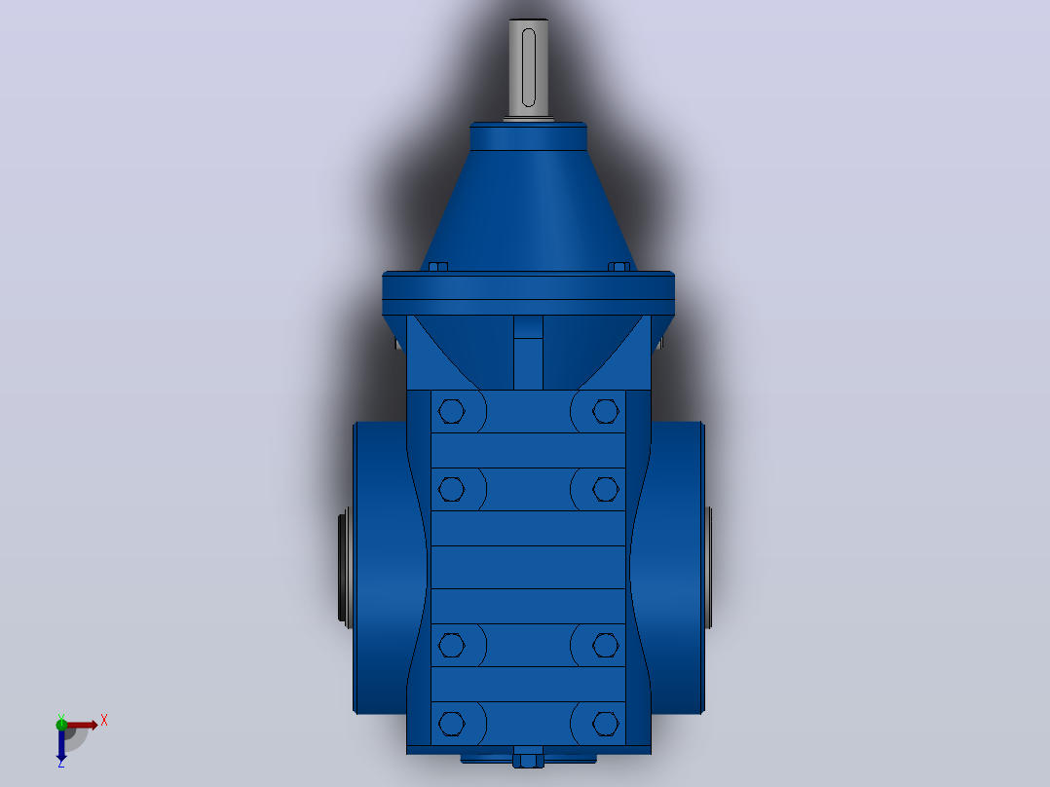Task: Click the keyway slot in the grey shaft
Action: (x=528, y=67)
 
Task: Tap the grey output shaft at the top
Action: (x=528, y=68)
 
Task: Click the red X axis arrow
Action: (x=81, y=725)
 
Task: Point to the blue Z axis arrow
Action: (x=61, y=744)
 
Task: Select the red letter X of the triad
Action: (x=104, y=721)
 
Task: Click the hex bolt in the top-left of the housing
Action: (x=451, y=411)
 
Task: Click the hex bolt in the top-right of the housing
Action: (x=606, y=411)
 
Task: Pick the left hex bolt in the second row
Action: (x=451, y=489)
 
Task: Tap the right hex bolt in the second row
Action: (x=606, y=489)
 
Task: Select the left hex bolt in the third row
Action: (x=451, y=645)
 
